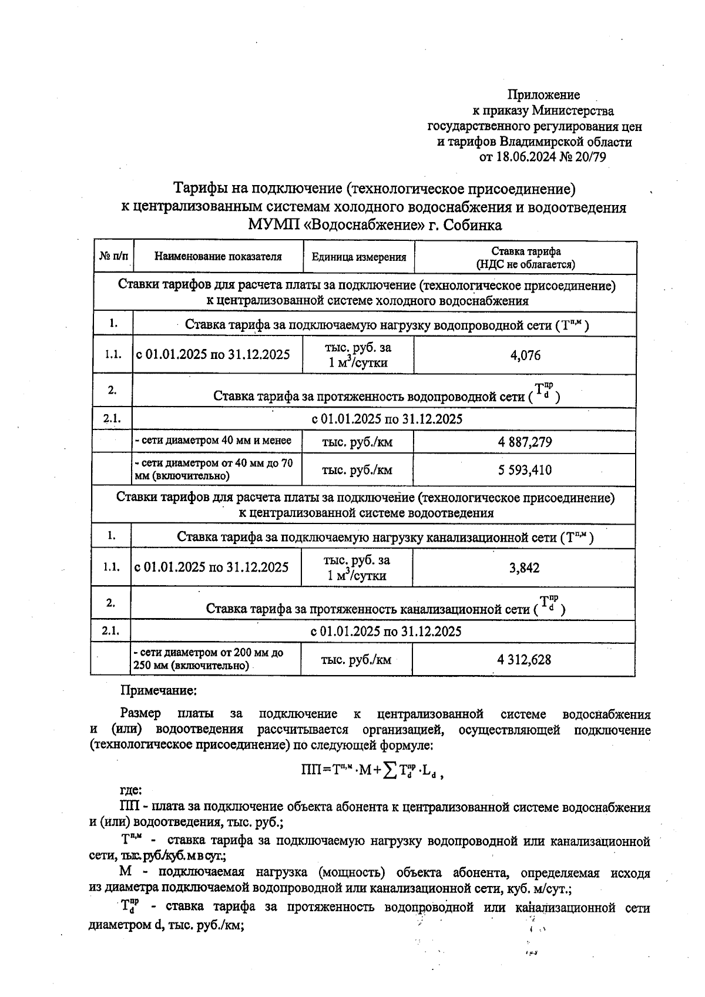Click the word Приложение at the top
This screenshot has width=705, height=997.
tap(543, 95)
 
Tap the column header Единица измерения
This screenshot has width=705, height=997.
tap(358, 257)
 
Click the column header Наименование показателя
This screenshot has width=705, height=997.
tap(218, 257)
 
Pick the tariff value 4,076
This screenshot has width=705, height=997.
tap(525, 355)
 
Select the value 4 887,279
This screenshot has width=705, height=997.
tap(525, 442)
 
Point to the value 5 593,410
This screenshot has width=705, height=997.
tap(525, 470)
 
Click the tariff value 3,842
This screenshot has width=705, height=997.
tap(524, 568)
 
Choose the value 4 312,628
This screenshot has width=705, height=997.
tap(524, 660)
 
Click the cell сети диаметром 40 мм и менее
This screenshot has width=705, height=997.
tap(213, 441)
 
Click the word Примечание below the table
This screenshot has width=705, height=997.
tap(158, 691)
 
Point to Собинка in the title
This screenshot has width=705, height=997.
tap(472, 225)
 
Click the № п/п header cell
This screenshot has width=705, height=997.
tap(114, 257)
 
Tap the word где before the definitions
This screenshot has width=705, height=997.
tap(130, 791)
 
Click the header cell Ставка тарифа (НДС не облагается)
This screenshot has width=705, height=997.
tap(525, 257)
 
